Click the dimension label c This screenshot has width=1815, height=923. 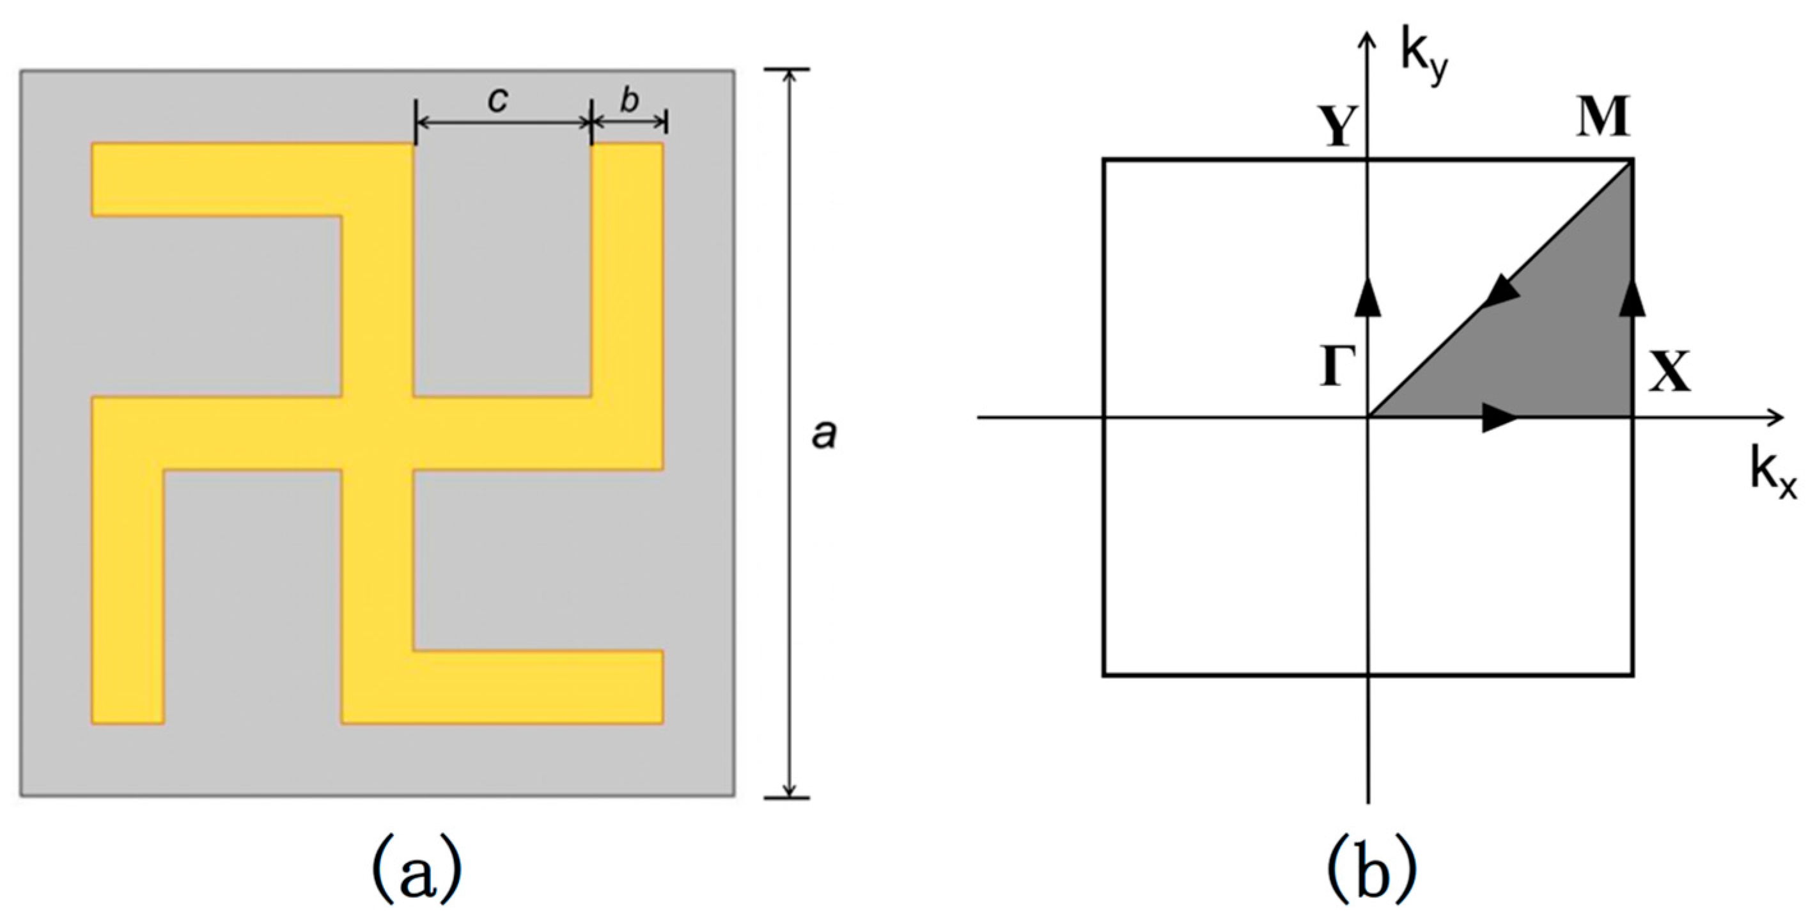tap(498, 102)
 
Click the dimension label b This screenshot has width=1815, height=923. tap(629, 101)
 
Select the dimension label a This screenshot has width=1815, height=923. tap(823, 435)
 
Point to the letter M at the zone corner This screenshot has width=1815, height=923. tap(1603, 118)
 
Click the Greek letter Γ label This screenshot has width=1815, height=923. tap(1338, 368)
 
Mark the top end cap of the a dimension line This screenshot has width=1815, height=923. tap(788, 69)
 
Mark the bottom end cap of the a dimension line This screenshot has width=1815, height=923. tap(788, 798)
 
